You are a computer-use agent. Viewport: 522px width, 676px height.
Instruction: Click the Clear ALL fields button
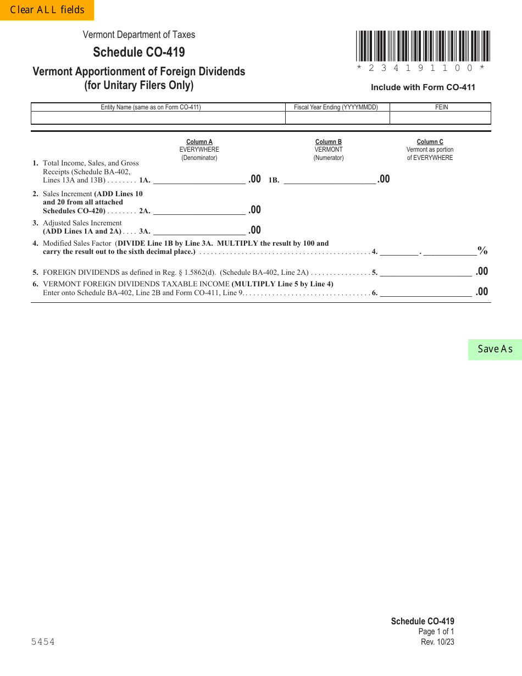click(x=47, y=10)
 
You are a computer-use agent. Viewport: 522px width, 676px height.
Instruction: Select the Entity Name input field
click(x=158, y=118)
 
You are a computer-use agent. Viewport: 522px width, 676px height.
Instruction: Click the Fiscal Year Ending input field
click(x=337, y=118)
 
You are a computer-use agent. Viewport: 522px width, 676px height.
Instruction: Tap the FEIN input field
click(x=440, y=118)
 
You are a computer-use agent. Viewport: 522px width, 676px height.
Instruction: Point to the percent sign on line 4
click(x=482, y=251)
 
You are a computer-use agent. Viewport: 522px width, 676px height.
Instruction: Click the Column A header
click(x=199, y=142)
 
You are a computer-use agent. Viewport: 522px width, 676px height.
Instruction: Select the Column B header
click(x=329, y=142)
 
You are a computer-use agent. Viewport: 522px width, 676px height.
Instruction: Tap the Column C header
click(x=430, y=142)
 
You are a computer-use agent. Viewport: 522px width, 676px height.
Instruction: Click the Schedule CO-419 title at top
click(x=139, y=52)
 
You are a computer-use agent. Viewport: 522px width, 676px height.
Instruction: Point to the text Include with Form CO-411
click(x=423, y=87)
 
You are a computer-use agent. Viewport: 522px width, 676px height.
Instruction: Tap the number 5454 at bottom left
click(x=42, y=642)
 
